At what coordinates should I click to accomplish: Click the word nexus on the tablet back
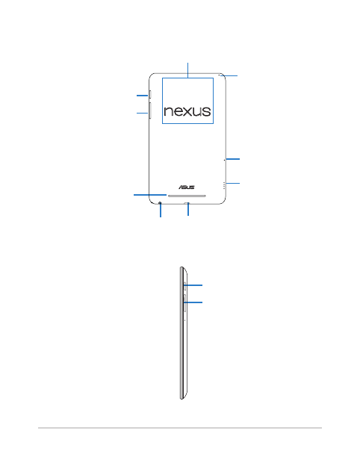pyautogui.click(x=187, y=111)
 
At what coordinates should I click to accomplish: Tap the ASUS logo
pyautogui.click(x=187, y=187)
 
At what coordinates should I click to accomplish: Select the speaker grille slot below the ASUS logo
pyautogui.click(x=187, y=196)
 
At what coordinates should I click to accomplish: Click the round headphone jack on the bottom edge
pyautogui.click(x=161, y=203)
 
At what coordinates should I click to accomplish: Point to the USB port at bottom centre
pyautogui.click(x=188, y=203)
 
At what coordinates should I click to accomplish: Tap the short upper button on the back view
pyautogui.click(x=150, y=95)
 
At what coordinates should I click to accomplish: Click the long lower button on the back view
pyautogui.click(x=150, y=111)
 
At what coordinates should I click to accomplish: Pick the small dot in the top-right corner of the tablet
pyautogui.click(x=220, y=75)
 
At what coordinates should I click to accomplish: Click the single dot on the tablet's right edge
pyautogui.click(x=224, y=160)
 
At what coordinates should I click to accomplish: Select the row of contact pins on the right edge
pyautogui.click(x=224, y=186)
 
